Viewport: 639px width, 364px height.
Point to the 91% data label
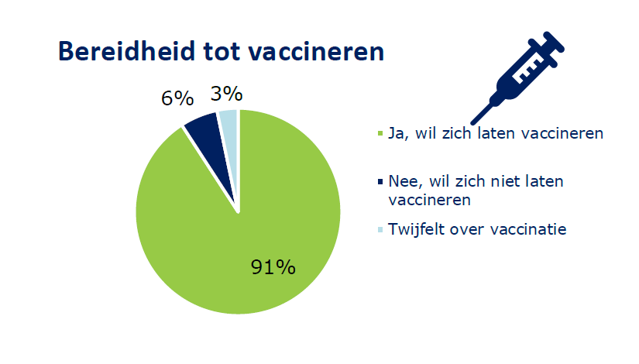click(x=273, y=267)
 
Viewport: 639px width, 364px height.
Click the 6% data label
click(x=177, y=98)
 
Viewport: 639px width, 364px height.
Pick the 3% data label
click(x=227, y=94)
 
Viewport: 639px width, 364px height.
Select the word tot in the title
click(x=222, y=52)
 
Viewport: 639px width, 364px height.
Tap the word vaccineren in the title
click(x=316, y=53)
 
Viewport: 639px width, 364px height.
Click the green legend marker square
click(x=380, y=133)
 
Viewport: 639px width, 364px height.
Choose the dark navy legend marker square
click(x=380, y=181)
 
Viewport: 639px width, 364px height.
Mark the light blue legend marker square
click(x=380, y=229)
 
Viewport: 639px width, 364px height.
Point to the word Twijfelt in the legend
click(x=415, y=229)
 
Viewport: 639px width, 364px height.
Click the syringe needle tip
click(x=472, y=122)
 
